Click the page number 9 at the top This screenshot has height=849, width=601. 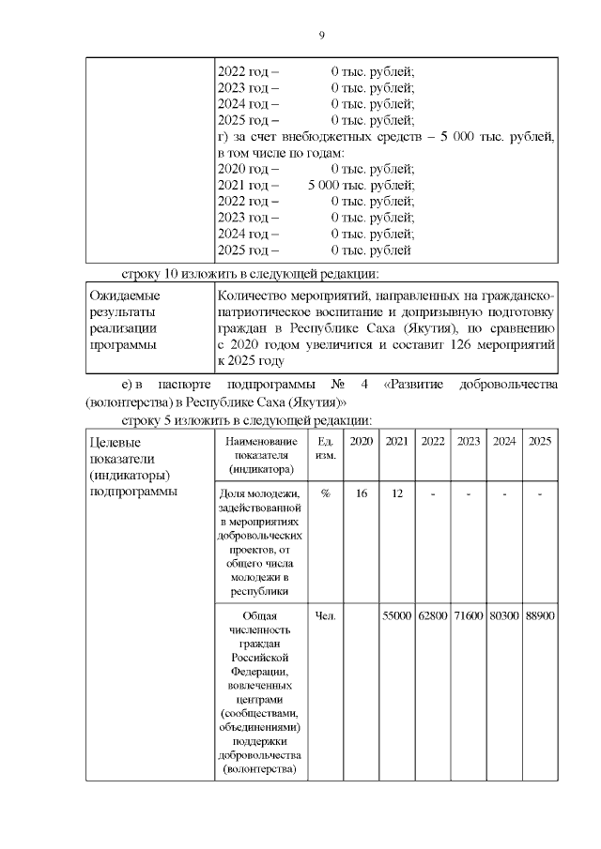(321, 36)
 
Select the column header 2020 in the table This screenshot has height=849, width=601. (361, 441)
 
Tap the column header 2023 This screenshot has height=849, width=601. (469, 441)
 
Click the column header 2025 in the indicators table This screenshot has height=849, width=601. (539, 441)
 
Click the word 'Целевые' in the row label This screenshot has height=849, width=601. (115, 442)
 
